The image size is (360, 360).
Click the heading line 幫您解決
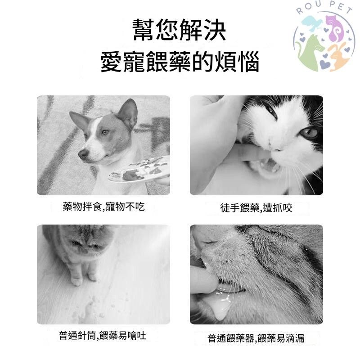pyautogui.click(x=179, y=30)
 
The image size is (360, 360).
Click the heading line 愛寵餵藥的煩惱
pyautogui.click(x=180, y=62)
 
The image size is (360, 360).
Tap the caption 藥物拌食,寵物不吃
pyautogui.click(x=103, y=207)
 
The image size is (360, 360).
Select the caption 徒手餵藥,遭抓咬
pyautogui.click(x=256, y=208)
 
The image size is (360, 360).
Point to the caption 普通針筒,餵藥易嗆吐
pyautogui.click(x=103, y=336)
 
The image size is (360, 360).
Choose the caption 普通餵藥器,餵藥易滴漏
pyautogui.click(x=256, y=338)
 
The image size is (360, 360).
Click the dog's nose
pyautogui.click(x=83, y=154)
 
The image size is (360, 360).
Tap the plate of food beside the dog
pyautogui.click(x=139, y=169)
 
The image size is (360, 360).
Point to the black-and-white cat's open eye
pyautogui.click(x=309, y=132)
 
